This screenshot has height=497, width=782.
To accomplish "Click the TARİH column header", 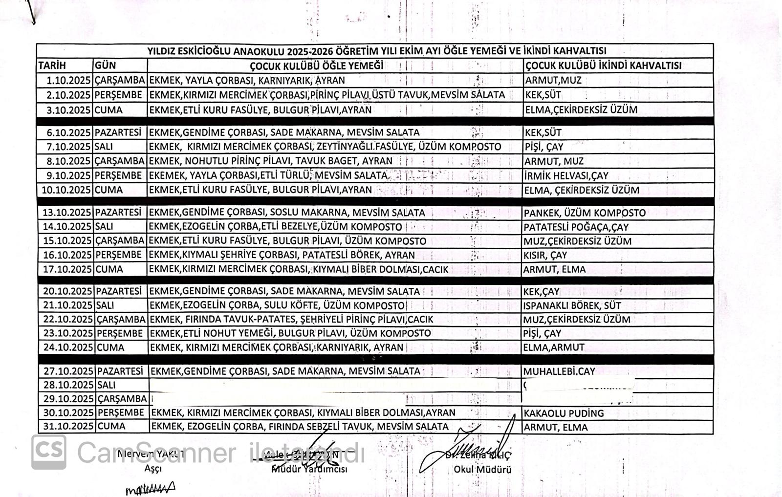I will point(52,65).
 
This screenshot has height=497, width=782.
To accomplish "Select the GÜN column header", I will point(105,65).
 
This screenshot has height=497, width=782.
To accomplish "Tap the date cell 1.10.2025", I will point(68,80).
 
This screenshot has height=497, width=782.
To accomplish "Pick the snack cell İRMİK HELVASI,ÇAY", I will point(559,175).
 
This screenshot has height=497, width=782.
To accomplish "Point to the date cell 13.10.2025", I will point(67,212).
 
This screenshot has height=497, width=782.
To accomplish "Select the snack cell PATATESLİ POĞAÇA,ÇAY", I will point(576,227).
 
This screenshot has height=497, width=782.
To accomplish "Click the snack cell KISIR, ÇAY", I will point(545,255).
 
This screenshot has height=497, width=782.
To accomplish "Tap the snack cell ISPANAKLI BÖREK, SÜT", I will point(572,305).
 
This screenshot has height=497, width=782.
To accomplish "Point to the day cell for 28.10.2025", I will point(106,385).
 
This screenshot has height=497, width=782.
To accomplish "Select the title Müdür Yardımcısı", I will point(309,469).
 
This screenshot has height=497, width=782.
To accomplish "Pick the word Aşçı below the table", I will point(153,468).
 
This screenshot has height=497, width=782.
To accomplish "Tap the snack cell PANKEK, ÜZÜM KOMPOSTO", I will point(585,213).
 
